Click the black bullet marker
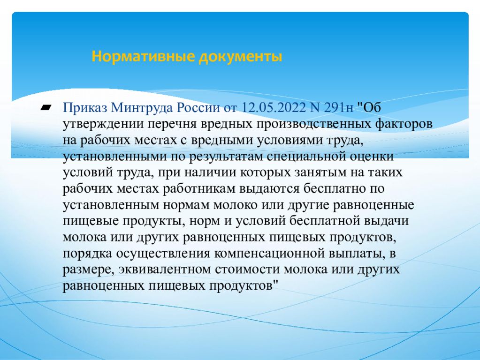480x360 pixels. click(46, 107)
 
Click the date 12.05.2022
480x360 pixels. click(274, 108)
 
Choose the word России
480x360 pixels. click(199, 108)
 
